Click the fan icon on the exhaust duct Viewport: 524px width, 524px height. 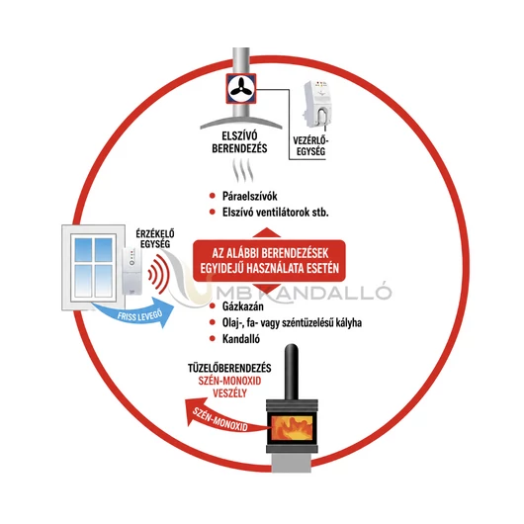(x=241, y=89)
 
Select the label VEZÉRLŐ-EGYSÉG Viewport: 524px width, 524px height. (x=310, y=146)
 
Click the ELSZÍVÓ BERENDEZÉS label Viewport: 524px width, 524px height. (x=239, y=142)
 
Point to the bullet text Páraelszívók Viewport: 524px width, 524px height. (x=249, y=196)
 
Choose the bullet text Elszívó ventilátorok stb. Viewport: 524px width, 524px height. (x=276, y=213)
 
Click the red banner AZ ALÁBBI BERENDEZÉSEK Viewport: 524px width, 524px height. (x=269, y=261)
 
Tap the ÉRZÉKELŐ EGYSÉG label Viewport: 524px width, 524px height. (x=155, y=238)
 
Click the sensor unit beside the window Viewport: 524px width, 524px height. (x=131, y=271)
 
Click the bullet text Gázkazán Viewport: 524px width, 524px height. (x=243, y=306)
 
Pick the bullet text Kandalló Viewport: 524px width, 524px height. (x=241, y=339)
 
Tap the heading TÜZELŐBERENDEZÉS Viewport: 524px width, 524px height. (x=229, y=368)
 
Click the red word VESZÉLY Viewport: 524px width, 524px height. (x=230, y=393)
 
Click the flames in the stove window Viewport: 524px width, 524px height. (x=292, y=427)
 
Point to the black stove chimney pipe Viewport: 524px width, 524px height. (x=291, y=372)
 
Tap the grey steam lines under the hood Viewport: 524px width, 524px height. (x=242, y=170)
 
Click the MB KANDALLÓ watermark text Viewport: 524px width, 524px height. (x=304, y=292)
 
